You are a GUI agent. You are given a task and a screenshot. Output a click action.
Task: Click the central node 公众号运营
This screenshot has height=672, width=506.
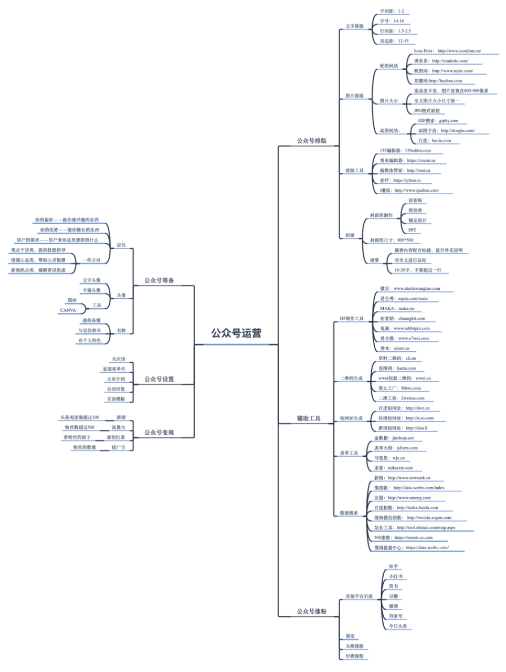236,333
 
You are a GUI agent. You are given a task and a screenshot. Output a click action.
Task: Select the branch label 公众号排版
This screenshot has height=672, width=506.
311,141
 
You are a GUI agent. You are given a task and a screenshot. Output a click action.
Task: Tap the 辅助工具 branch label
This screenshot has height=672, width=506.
309,418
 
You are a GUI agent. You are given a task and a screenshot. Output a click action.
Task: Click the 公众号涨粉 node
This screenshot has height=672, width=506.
311,612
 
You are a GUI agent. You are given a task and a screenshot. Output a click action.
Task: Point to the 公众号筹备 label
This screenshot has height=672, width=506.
159,280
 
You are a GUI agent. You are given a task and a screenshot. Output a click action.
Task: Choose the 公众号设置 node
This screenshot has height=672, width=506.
159,379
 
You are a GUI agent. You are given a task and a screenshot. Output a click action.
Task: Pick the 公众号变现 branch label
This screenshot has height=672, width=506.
159,433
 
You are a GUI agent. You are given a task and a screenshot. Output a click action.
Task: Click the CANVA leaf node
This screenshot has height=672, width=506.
68,310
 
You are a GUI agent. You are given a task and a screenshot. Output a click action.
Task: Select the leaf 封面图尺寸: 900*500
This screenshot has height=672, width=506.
391,240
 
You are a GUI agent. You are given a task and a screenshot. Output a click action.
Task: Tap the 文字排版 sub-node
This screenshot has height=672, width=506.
354,26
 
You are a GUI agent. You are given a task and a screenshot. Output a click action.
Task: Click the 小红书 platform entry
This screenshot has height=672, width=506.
396,576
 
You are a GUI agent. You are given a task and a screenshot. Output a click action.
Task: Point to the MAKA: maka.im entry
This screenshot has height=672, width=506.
397,309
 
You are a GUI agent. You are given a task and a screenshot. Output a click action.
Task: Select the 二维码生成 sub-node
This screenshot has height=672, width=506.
351,378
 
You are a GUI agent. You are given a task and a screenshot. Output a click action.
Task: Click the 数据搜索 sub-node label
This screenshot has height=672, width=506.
349,513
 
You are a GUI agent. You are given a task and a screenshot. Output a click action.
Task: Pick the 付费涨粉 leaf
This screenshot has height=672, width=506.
354,656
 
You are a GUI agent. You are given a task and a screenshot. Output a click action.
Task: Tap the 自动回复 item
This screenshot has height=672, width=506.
116,389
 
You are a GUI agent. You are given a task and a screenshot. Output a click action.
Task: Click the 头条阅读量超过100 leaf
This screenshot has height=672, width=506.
79,417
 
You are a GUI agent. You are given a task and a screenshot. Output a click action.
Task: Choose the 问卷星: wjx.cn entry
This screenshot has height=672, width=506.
389,458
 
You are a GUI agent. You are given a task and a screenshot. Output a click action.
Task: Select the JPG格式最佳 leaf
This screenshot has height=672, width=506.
427,111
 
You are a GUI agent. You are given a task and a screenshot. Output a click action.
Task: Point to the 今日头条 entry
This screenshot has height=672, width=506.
398,626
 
